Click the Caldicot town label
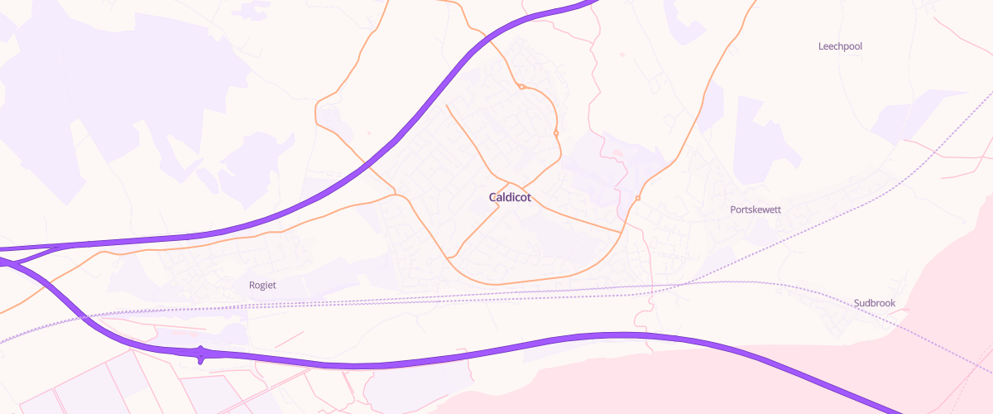point(510,198)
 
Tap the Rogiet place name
point(262,285)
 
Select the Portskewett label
point(756,209)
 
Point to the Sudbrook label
point(875,303)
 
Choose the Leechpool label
point(840,46)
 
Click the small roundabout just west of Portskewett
point(638,198)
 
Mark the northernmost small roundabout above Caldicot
point(521,86)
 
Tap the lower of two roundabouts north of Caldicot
point(556,133)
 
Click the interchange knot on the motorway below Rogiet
point(201,354)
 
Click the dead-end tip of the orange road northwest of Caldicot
point(447,104)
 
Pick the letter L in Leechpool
point(821,46)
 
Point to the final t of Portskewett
point(779,209)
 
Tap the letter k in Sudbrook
point(893,303)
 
